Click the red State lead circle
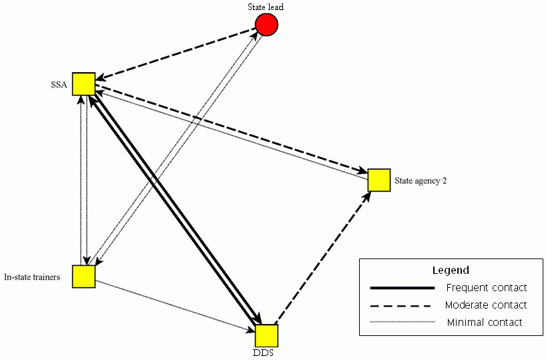point(266,25)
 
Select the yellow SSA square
point(83,83)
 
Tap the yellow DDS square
point(266,335)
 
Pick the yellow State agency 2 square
point(379,180)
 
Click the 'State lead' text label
point(266,7)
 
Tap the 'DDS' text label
point(266,353)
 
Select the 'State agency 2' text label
point(421,180)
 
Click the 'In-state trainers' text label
point(37,277)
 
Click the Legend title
point(451,271)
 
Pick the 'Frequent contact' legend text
point(486,288)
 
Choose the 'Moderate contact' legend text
point(485,305)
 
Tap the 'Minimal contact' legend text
point(485,323)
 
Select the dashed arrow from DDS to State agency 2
point(322,257)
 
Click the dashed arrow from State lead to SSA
point(175,53)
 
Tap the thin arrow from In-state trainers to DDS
point(174,304)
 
